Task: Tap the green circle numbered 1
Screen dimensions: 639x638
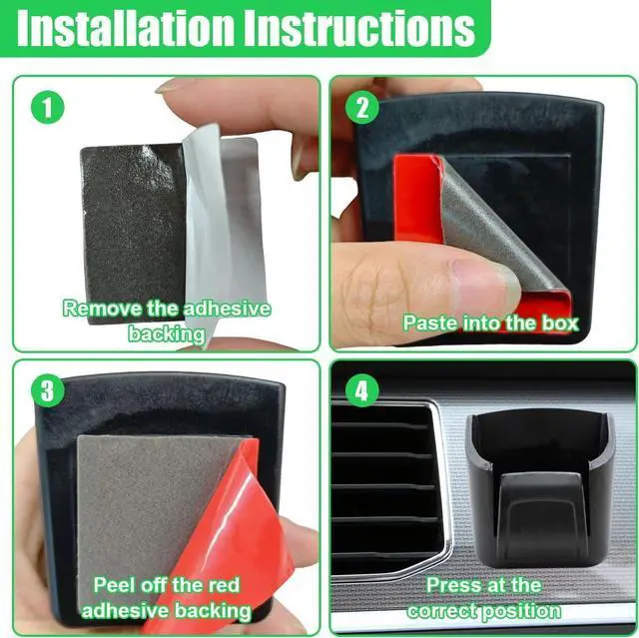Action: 48,108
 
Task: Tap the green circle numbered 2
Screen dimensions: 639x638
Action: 362,108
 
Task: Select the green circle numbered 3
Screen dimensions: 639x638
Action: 48,390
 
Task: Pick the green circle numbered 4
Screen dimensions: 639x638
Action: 362,390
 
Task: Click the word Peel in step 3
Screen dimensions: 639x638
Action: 112,585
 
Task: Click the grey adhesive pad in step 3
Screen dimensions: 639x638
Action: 151,509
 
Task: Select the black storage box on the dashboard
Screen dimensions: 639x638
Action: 540,489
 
